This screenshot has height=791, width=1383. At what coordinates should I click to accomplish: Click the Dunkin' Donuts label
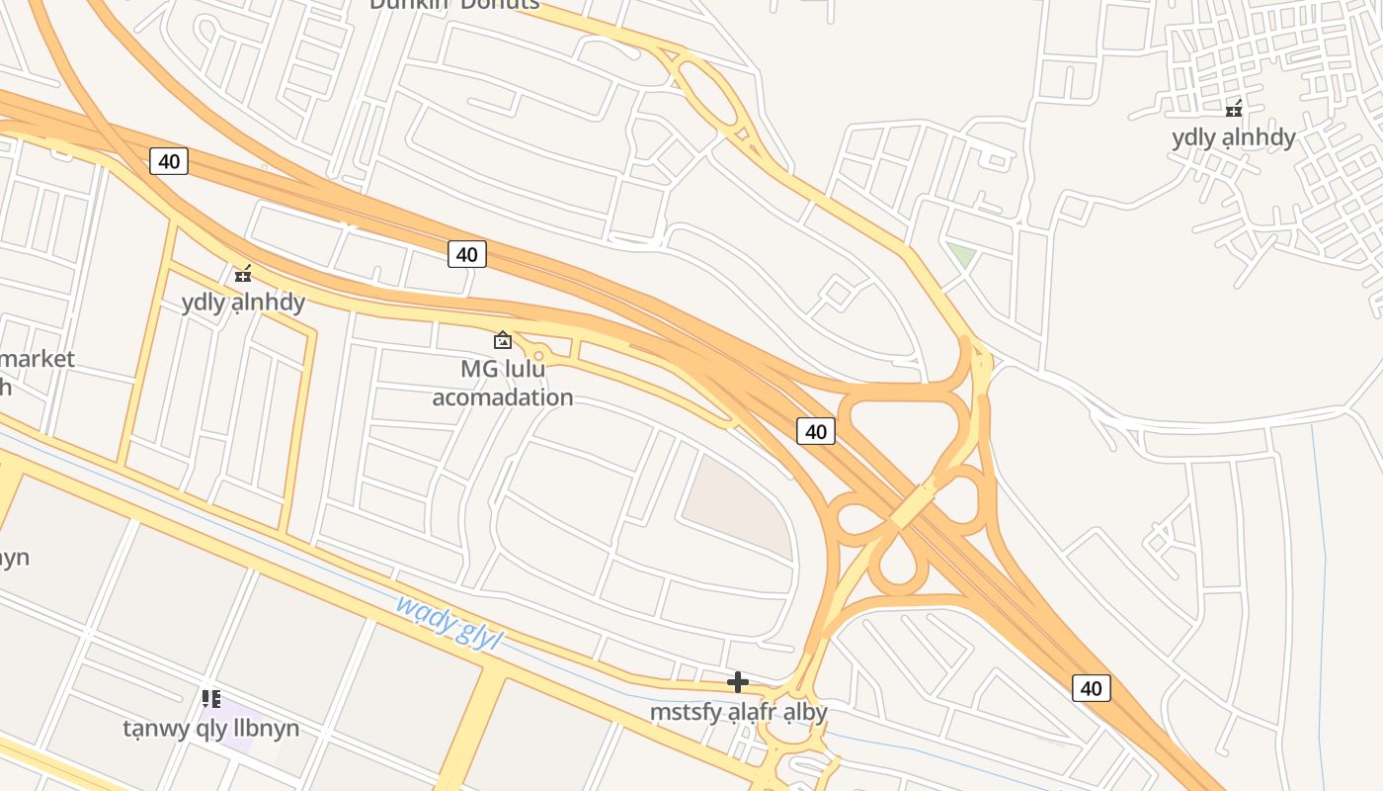pos(455,4)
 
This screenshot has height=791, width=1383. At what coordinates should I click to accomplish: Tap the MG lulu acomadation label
pos(503,383)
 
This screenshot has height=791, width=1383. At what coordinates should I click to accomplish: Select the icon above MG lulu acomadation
pos(503,340)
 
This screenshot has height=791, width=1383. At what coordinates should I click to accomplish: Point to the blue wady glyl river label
pos(448,622)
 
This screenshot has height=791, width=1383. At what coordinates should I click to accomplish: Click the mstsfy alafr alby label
pos(738,711)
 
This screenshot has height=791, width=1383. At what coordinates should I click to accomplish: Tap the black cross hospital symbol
pos(738,681)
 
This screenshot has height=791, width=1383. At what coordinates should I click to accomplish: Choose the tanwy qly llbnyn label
pos(210,729)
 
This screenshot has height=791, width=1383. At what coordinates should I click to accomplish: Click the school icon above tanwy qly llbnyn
pos(210,699)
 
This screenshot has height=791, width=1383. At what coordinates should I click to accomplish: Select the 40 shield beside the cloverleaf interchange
pos(816,431)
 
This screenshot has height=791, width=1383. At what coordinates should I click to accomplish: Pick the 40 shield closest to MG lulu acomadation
pos(467,254)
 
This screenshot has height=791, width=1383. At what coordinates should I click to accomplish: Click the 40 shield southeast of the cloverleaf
pos(1091,688)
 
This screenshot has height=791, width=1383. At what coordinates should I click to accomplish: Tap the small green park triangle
pos(960,254)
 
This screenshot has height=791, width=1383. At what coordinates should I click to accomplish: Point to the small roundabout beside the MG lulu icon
pos(538,355)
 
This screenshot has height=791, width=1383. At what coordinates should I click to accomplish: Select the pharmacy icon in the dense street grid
pos(1234,108)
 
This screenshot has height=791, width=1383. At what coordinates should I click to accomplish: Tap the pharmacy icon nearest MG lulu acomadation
pos(243,273)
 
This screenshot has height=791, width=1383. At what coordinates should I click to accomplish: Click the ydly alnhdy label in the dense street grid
pos(1233,137)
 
